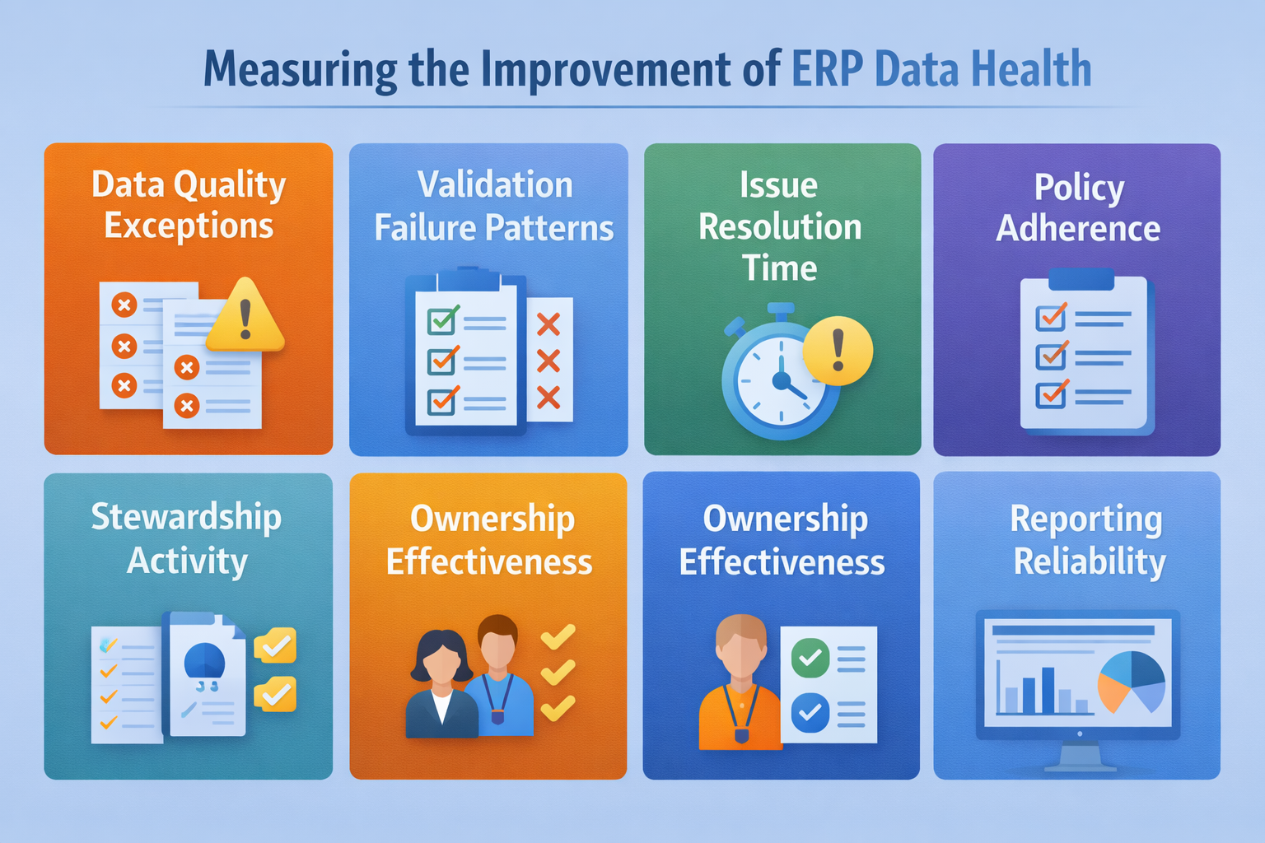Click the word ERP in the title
pos(827,69)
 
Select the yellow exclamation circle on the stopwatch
pos(838,351)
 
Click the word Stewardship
pos(186,518)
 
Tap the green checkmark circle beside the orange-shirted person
pos(810,657)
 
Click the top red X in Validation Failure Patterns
pos(548,324)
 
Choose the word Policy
pos(1079,188)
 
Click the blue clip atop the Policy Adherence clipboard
pos(1081,279)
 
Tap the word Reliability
pos(1089,562)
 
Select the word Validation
pos(494,185)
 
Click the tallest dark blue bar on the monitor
pos(1048,690)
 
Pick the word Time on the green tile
pos(779,268)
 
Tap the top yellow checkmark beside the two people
pos(558,636)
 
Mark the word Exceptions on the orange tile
pos(189,226)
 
